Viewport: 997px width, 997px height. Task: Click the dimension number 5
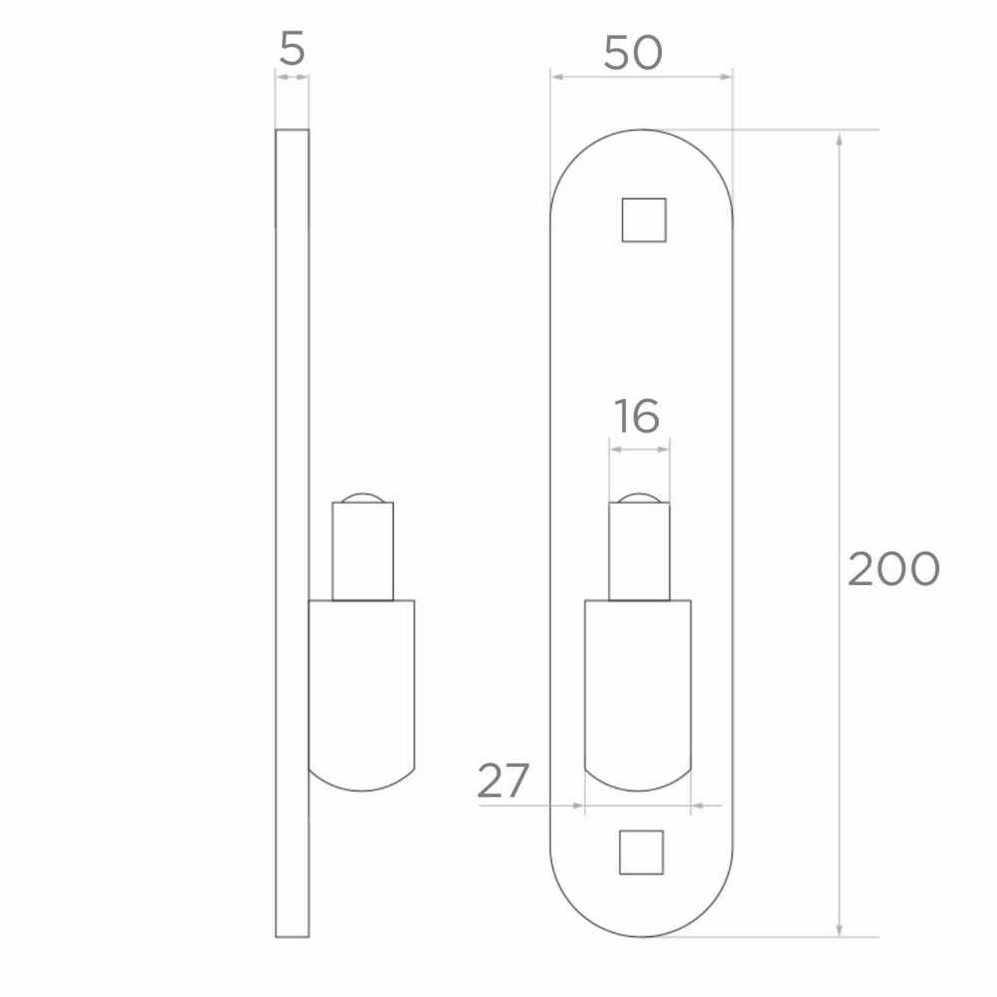click(x=292, y=50)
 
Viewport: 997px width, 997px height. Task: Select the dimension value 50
click(x=633, y=53)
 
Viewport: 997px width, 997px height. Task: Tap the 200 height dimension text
click(x=893, y=569)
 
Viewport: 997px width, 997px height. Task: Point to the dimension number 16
click(x=636, y=417)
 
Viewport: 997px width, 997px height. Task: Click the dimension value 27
click(x=502, y=781)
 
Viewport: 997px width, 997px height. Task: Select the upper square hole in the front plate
click(x=643, y=220)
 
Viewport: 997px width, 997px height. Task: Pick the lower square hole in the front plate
click(x=641, y=852)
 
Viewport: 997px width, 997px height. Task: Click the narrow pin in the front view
click(x=639, y=551)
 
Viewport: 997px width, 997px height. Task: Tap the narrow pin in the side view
click(x=363, y=551)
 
